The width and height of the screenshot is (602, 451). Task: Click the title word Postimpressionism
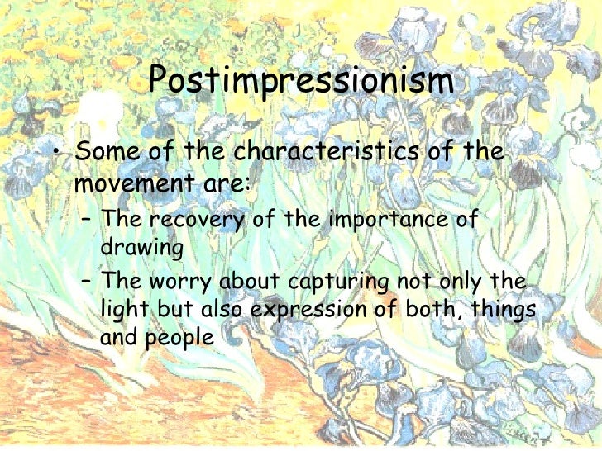coord(302,83)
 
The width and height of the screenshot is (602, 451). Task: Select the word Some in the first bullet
coord(103,154)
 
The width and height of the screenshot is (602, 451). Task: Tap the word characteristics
coord(323,154)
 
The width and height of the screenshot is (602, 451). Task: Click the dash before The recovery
coord(85,221)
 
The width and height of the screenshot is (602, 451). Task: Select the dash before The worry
coord(85,282)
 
